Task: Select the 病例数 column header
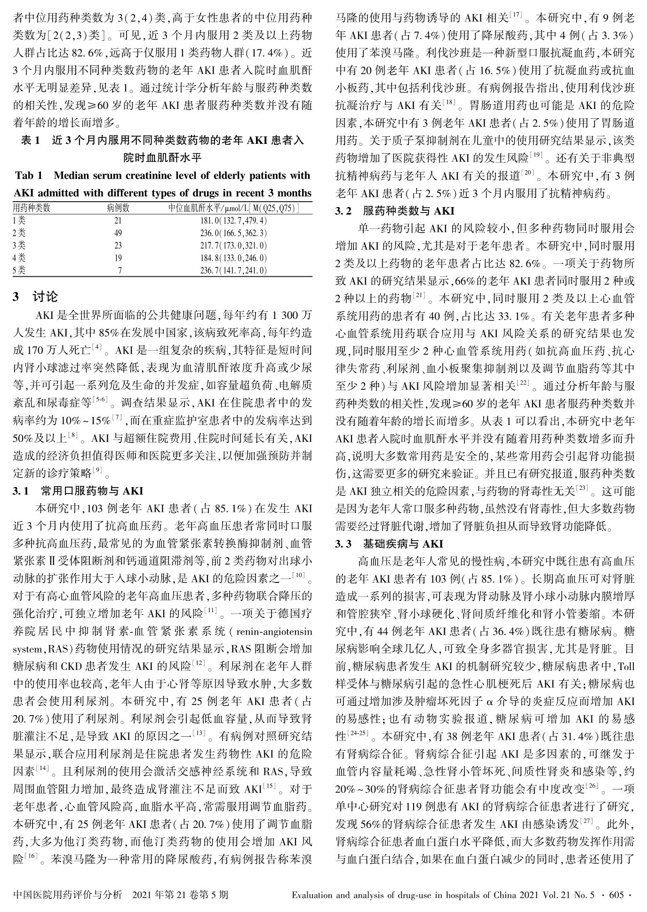(x=118, y=208)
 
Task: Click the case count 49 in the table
(x=118, y=233)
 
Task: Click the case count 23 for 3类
(x=118, y=245)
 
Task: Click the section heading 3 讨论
(x=35, y=297)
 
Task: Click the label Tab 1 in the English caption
(x=29, y=176)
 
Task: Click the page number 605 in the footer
(x=616, y=895)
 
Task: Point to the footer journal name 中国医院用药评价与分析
(x=68, y=895)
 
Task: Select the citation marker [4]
(x=97, y=347)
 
